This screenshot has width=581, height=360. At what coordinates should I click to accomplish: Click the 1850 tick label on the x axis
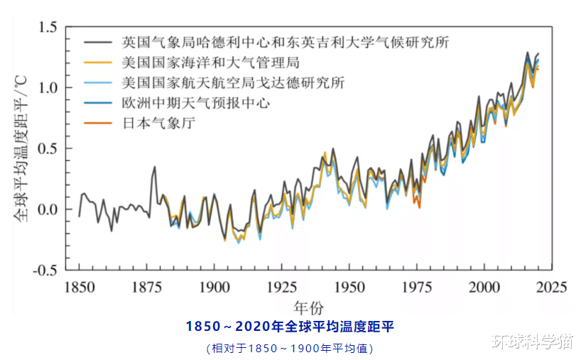(x=78, y=287)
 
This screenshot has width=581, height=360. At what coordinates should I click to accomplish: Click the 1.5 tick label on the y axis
(x=48, y=28)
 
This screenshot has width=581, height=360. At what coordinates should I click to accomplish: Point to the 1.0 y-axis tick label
(x=48, y=88)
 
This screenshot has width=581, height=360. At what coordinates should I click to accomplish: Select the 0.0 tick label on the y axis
(x=48, y=209)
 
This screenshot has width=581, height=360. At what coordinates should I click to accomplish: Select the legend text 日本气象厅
(x=158, y=124)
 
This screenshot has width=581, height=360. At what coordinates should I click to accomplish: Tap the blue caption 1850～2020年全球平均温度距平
(x=290, y=327)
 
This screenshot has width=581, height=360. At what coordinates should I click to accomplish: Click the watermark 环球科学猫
(x=531, y=342)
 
